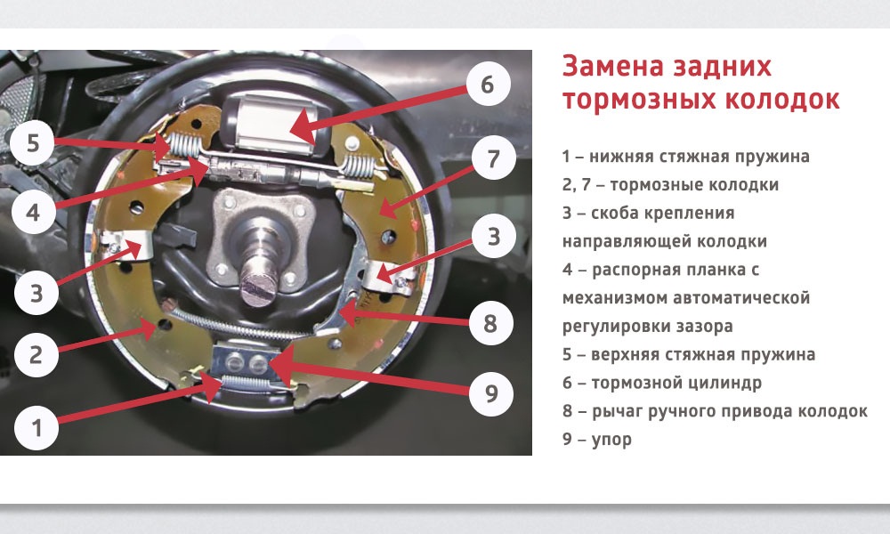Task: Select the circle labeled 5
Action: pos(33,144)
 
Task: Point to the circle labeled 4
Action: pos(33,214)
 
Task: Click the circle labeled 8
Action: pos(489,323)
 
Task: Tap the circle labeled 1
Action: pos(36,427)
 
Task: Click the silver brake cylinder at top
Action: pos(272,117)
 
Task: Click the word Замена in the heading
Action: pos(608,67)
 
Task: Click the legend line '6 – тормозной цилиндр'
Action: pos(661,383)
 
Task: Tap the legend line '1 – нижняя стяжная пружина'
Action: pos(685,157)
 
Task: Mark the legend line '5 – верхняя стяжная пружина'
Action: pos(688,354)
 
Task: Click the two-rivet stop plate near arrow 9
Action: pos(244,360)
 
